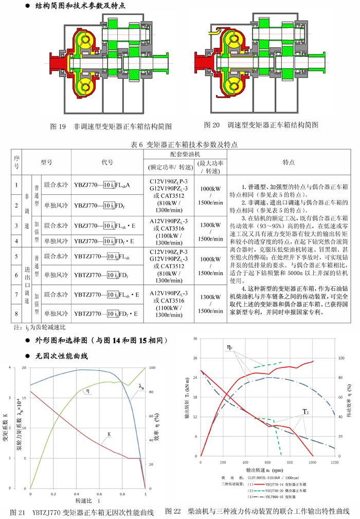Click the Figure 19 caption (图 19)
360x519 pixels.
(110, 125)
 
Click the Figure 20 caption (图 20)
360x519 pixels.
(261, 125)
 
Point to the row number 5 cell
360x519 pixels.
(16, 256)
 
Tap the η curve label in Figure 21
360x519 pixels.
(88, 391)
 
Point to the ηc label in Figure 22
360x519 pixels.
(231, 347)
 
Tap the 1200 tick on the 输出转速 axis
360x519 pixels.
(335, 462)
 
